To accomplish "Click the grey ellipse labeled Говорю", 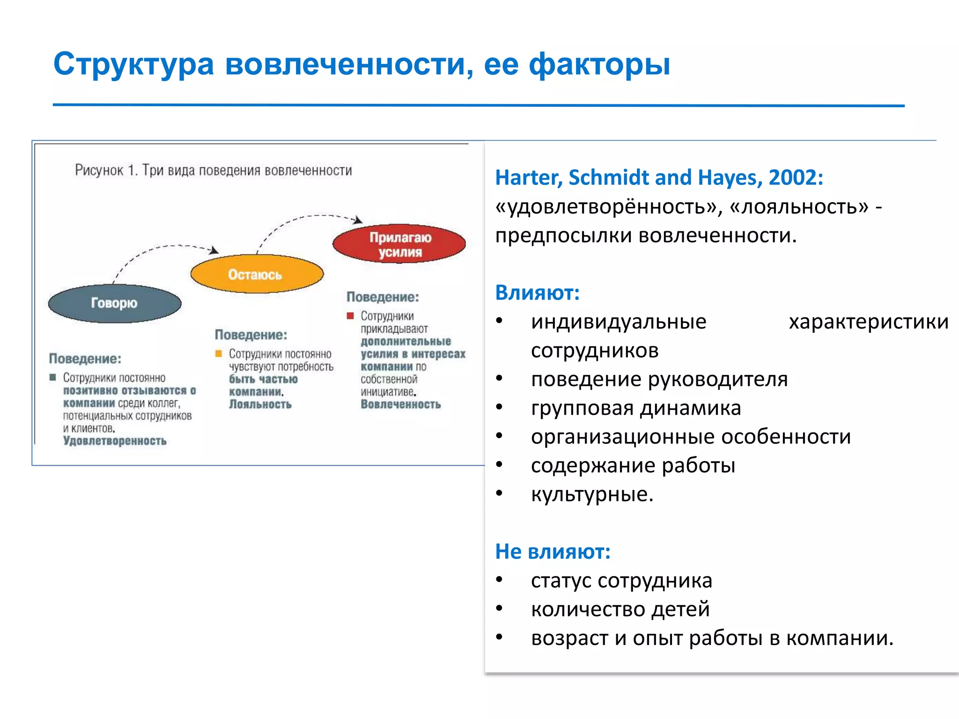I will [x=115, y=303].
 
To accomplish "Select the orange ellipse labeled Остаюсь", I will [x=257, y=274].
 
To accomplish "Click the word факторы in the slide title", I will [x=599, y=65].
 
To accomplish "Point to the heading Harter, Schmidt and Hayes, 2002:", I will [x=659, y=178].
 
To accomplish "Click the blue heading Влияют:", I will [x=537, y=293].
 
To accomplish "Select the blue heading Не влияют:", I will [x=553, y=551].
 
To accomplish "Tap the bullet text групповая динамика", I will [x=635, y=408].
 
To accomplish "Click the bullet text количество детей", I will [x=620, y=609].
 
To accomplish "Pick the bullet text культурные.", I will [x=591, y=494].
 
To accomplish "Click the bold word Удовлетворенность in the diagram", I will [x=115, y=441].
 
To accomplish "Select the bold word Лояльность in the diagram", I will [x=260, y=404].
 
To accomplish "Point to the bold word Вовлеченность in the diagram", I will [x=401, y=404].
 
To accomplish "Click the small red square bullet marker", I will [x=350, y=316].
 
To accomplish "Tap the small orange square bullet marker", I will [x=218, y=354].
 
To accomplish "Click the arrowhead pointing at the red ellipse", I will [x=358, y=220].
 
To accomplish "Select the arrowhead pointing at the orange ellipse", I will [x=214, y=250].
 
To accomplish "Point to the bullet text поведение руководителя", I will [x=659, y=380].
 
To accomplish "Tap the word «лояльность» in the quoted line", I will [x=799, y=207].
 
